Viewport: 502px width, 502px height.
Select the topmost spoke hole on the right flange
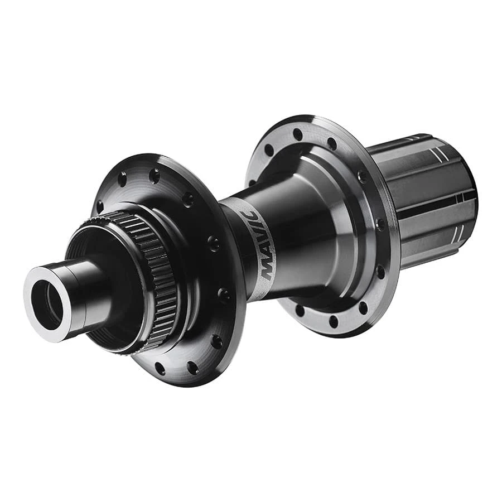[x=298, y=134]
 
